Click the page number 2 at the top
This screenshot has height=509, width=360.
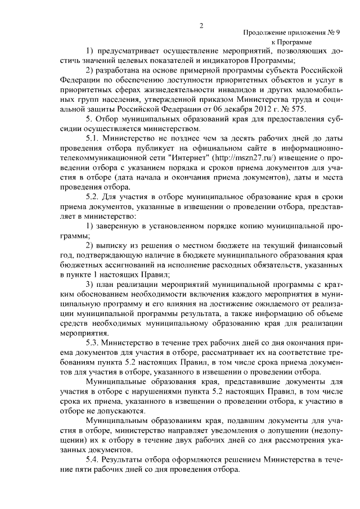point(201,25)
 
